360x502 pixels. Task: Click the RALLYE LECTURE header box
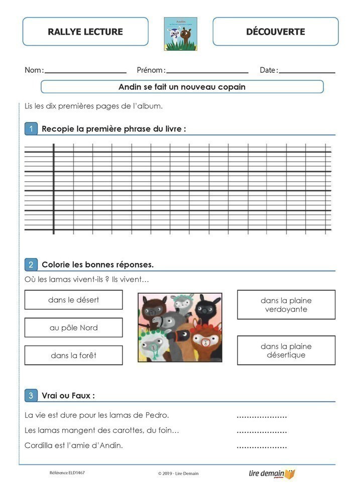click(x=85, y=32)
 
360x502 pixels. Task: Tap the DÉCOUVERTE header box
click(x=276, y=32)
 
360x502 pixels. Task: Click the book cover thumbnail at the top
click(x=180, y=34)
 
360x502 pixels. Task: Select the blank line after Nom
click(x=85, y=72)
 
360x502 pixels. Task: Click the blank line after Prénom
click(x=207, y=72)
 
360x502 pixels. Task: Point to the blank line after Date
click(x=307, y=72)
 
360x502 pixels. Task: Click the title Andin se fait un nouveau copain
click(x=182, y=87)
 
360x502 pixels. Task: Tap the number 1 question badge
click(x=31, y=129)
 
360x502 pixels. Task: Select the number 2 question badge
click(x=31, y=265)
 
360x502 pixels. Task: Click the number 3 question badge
click(x=31, y=396)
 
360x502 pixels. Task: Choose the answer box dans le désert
click(x=73, y=300)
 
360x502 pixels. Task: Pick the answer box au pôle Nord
click(x=73, y=327)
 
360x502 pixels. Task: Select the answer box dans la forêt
click(x=73, y=355)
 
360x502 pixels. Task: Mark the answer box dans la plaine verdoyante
click(x=286, y=305)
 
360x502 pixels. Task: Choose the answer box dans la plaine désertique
click(x=286, y=350)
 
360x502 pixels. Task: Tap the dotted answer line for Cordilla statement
click(x=262, y=446)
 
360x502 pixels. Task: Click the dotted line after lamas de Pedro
click(x=262, y=416)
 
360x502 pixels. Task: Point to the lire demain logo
click(x=272, y=473)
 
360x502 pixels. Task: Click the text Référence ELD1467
click(x=67, y=473)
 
